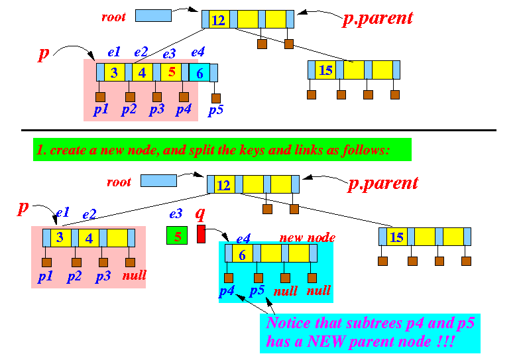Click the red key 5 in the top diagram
click(171, 73)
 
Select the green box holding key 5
click(178, 235)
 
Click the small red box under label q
click(202, 234)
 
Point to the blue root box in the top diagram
click(153, 15)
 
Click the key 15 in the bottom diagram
click(397, 237)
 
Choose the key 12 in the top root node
click(219, 21)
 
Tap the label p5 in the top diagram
click(215, 110)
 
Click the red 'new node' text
click(307, 237)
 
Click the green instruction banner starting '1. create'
click(221, 150)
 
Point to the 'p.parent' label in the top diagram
click(377, 19)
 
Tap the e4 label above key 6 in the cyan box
click(243, 238)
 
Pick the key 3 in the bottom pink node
click(60, 237)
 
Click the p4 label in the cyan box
click(226, 290)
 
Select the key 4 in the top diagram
click(142, 73)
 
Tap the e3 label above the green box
click(176, 214)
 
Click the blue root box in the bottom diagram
click(158, 180)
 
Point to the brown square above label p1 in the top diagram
click(100, 97)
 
